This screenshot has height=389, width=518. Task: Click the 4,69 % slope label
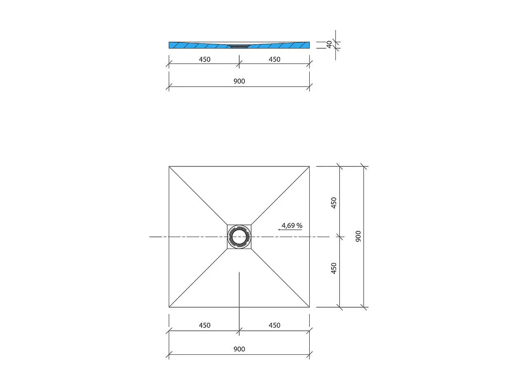(x=292, y=225)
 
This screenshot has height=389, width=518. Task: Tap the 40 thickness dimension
(x=329, y=45)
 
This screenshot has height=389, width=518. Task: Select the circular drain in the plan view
(x=239, y=237)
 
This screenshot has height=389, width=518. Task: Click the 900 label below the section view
(x=239, y=81)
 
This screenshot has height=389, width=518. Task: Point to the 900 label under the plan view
(x=239, y=349)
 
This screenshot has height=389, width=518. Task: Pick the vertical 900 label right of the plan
(x=358, y=236)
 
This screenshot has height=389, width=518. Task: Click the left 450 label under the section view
(x=205, y=59)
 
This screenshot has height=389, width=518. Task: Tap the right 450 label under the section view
(x=274, y=59)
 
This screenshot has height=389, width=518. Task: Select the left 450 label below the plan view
(x=205, y=325)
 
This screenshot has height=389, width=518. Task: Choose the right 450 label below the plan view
(x=274, y=325)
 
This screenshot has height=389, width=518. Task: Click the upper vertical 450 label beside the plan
(x=334, y=202)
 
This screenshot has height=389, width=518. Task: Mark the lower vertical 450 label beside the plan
(x=334, y=268)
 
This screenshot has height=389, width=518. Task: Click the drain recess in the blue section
(x=239, y=46)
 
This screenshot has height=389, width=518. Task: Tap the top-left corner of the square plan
(x=169, y=166)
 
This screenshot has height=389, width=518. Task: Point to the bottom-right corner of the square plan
(x=309, y=307)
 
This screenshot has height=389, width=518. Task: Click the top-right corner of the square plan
(x=309, y=166)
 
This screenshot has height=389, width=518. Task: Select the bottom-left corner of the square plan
(x=169, y=307)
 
